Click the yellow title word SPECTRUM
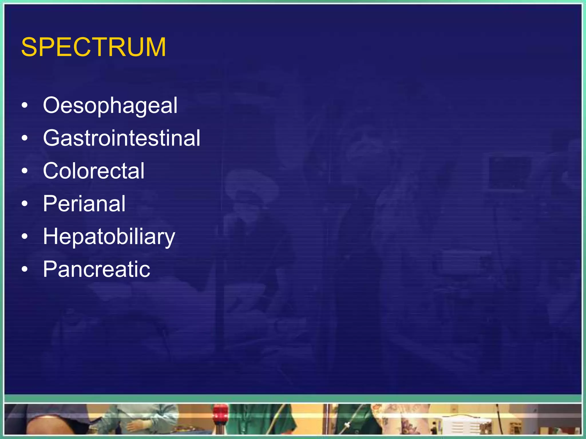(93, 47)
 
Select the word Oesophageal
(110, 106)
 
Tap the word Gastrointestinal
(122, 138)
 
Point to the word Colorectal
(94, 171)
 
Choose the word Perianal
(84, 204)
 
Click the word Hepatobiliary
(109, 237)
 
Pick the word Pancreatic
(96, 269)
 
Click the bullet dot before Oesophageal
(25, 105)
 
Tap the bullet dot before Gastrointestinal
(25, 138)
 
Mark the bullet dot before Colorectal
(25, 171)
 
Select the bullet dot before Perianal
(25, 204)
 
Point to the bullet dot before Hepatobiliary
(25, 236)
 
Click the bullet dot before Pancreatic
(25, 269)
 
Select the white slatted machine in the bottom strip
(464, 426)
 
